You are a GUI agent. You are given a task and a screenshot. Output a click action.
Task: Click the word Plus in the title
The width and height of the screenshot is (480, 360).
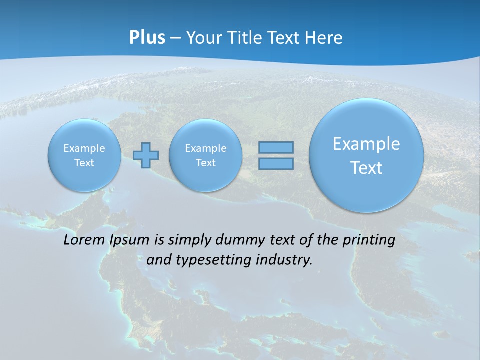pyautogui.click(x=147, y=38)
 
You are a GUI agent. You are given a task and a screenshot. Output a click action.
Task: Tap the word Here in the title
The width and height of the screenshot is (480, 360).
pyautogui.click(x=325, y=38)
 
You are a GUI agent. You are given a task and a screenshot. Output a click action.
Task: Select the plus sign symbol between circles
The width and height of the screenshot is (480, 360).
pyautogui.click(x=146, y=155)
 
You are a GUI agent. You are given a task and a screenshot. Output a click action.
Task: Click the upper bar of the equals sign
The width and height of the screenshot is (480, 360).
pyautogui.click(x=276, y=147)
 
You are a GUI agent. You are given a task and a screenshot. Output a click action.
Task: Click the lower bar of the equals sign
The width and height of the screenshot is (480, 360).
pyautogui.click(x=276, y=163)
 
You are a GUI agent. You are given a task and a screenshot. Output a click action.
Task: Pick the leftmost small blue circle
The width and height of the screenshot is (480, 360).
pyautogui.click(x=84, y=155)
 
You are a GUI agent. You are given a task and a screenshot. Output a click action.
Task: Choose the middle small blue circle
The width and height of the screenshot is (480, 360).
pyautogui.click(x=205, y=155)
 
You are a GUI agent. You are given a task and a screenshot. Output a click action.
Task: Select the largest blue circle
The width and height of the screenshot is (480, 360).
pyautogui.click(x=366, y=155)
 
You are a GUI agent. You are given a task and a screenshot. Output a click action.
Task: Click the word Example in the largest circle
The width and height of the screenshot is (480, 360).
pyautogui.click(x=366, y=144)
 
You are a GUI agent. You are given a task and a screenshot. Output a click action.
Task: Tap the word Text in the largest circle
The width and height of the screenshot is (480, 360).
pyautogui.click(x=366, y=168)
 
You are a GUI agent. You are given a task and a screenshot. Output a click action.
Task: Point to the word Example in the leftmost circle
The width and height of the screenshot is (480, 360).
pyautogui.click(x=84, y=148)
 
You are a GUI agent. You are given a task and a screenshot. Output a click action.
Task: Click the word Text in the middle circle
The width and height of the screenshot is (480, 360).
pyautogui.click(x=205, y=163)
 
